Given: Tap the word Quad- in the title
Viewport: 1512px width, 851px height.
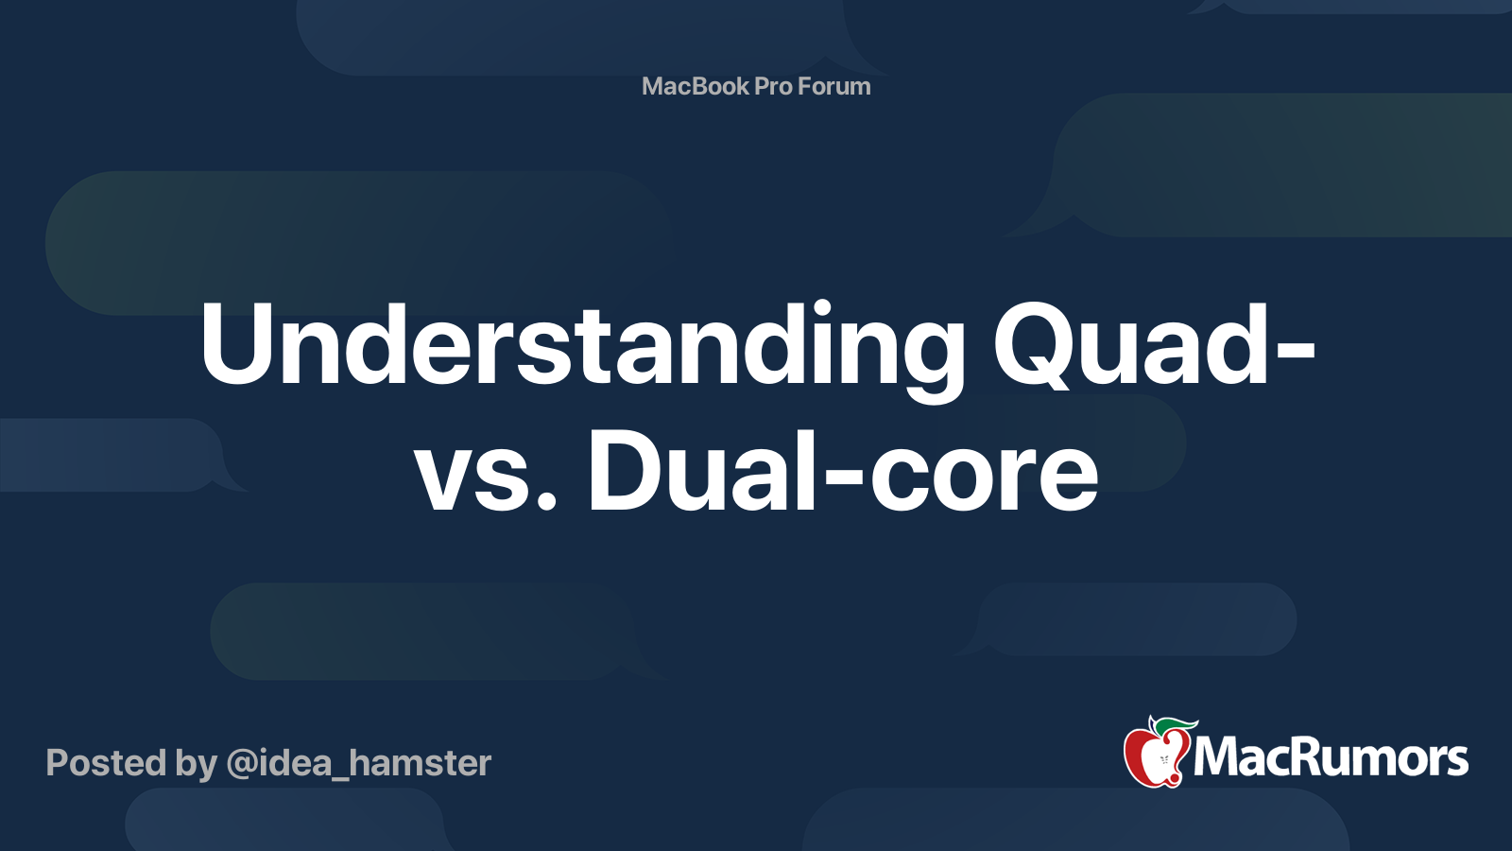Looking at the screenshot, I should [x=1153, y=346].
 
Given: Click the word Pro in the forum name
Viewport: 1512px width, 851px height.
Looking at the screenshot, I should [x=773, y=86].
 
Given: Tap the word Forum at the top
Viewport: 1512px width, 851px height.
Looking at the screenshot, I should [x=834, y=86].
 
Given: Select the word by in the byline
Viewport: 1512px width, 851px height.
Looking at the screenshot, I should [x=197, y=764].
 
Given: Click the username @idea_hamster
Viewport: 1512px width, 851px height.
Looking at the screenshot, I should [x=359, y=763].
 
